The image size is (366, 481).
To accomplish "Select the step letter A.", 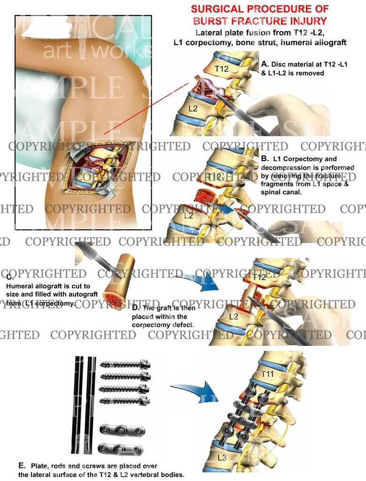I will pos(265,63).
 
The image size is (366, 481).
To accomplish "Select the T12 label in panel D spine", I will pos(259,278).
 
